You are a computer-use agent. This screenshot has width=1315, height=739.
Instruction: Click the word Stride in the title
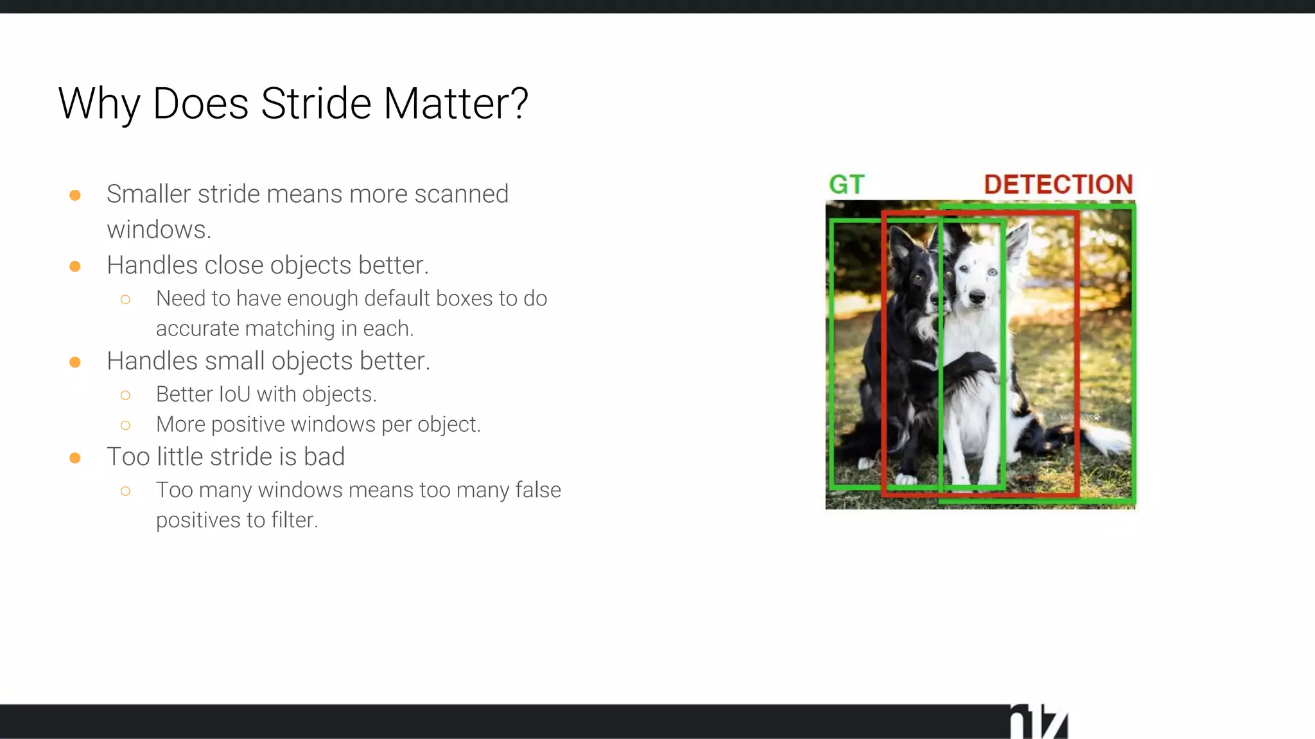316,103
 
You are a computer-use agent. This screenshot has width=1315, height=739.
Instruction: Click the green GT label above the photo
847,185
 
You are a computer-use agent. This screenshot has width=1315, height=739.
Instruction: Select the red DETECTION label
1058,185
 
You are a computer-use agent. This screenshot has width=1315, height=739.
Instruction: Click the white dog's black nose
977,297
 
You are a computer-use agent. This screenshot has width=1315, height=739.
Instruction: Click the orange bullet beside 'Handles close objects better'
75,266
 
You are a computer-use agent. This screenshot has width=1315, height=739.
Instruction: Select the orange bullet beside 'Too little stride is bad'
75,458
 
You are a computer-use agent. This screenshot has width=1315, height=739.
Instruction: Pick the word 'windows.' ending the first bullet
159,230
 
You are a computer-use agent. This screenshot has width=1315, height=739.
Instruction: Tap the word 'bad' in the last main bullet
324,457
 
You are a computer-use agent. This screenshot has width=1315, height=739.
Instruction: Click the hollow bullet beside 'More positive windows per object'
125,425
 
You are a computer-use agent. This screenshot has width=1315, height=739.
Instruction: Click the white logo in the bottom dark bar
1038,722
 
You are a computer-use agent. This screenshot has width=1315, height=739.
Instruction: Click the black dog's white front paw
906,479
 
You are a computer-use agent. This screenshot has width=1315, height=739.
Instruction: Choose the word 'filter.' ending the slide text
294,520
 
